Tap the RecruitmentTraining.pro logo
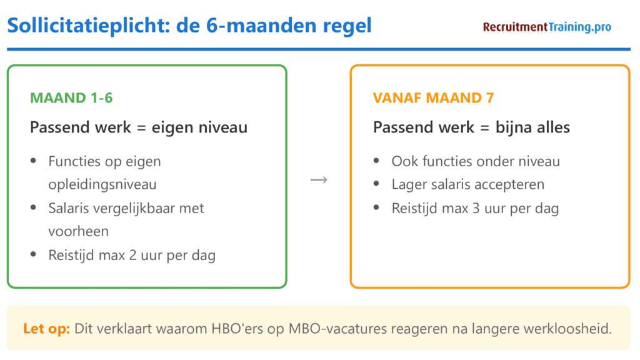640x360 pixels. (x=547, y=27)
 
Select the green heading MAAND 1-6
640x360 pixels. (x=71, y=98)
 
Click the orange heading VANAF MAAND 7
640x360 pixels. (x=434, y=98)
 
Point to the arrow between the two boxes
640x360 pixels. (x=319, y=180)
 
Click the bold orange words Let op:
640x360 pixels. (x=46, y=328)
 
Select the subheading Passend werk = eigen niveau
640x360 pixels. (x=139, y=127)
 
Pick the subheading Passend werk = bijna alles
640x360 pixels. (x=471, y=127)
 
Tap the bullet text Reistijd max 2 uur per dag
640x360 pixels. (x=132, y=255)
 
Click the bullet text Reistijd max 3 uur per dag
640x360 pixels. (x=475, y=208)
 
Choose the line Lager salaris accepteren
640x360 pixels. (x=467, y=184)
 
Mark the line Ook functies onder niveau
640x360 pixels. (x=476, y=161)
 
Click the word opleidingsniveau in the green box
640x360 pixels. (x=102, y=184)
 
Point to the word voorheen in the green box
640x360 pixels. (x=78, y=231)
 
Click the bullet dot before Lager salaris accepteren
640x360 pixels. (x=376, y=185)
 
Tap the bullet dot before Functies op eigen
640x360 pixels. (x=33, y=162)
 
